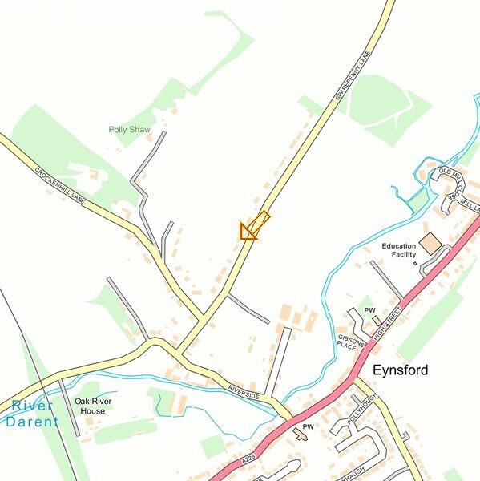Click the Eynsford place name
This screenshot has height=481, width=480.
(401, 370)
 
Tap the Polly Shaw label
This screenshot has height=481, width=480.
(130, 128)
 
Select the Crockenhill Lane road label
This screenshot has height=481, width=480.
(59, 184)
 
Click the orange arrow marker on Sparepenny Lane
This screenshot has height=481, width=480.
(253, 227)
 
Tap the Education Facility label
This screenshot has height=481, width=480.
(399, 250)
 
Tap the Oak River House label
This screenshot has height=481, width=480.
(93, 406)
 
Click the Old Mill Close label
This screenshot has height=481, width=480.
(450, 184)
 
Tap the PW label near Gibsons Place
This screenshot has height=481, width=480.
(369, 309)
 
